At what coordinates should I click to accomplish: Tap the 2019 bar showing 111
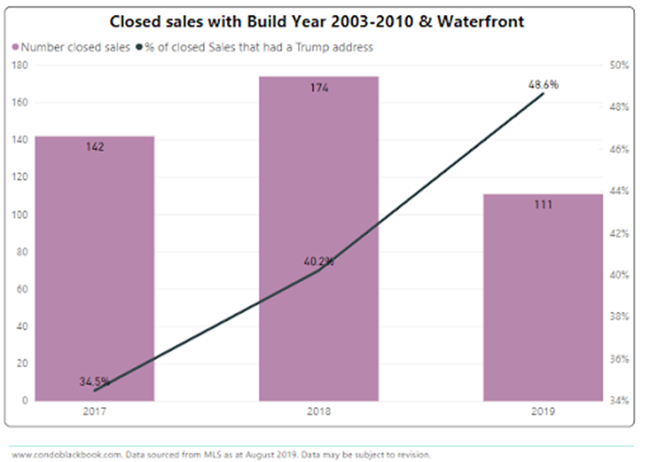(x=543, y=297)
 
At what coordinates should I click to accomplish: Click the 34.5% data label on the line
(x=95, y=381)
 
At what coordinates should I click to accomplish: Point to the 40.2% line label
(x=318, y=262)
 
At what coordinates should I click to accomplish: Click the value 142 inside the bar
(x=95, y=147)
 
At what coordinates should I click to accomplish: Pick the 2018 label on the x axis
(x=318, y=410)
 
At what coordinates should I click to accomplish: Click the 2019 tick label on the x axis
(x=543, y=410)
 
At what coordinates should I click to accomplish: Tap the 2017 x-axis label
(x=95, y=410)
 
